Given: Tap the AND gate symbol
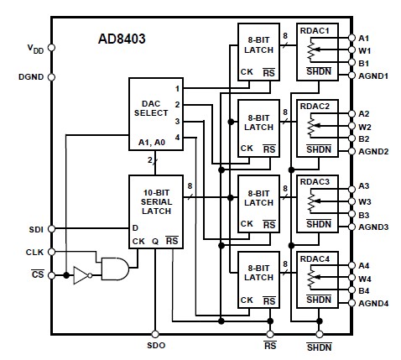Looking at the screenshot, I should [112, 269].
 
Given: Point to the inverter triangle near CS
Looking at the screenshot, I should [81, 274].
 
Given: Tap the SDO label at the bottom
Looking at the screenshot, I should [155, 346].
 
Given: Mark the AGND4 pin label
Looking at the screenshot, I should [374, 302].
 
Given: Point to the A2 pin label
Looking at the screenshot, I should [363, 113].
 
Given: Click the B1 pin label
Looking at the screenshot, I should [363, 63].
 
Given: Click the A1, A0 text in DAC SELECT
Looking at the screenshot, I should [153, 143].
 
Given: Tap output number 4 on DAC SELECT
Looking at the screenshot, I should [177, 137].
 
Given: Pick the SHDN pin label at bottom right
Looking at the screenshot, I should [319, 346].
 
